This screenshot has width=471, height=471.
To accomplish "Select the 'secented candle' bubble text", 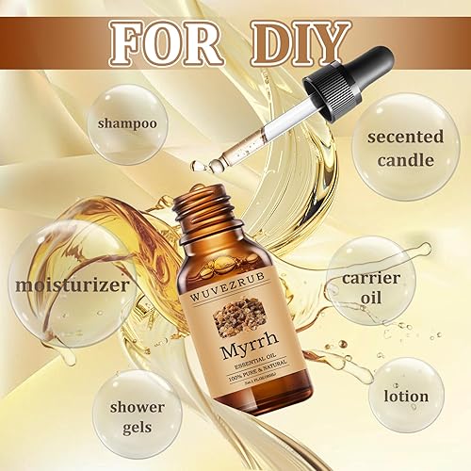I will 406,148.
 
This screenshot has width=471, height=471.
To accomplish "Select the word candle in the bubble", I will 406,159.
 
